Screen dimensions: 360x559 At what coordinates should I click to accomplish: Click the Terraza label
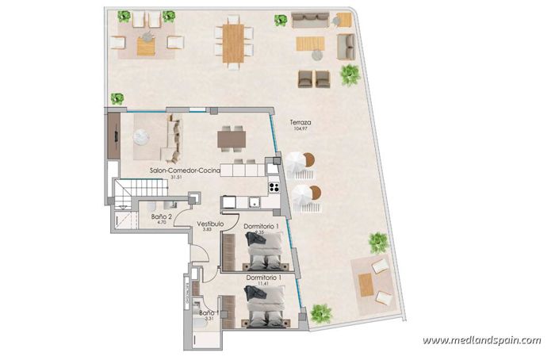click(300, 123)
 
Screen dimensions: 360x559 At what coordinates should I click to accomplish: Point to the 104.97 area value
click(300, 129)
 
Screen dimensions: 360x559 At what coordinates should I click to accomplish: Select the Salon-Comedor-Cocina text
click(185, 170)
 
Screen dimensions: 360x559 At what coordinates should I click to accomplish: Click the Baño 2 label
click(162, 216)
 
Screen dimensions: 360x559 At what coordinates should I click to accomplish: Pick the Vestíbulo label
click(210, 224)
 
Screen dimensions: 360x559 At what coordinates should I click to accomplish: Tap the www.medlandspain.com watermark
click(481, 341)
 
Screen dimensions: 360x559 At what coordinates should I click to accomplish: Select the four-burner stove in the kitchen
click(274, 188)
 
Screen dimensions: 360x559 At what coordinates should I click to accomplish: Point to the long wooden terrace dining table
click(232, 43)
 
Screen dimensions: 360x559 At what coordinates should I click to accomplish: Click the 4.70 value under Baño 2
click(162, 222)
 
